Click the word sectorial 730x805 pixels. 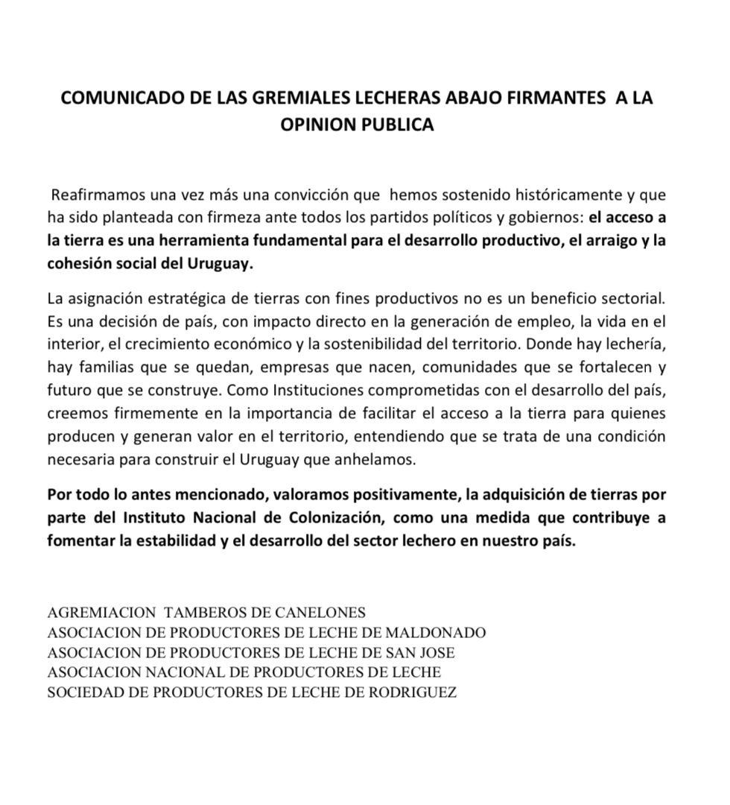click(635, 300)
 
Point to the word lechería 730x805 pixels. click(633, 346)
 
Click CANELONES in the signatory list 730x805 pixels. click(313, 613)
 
